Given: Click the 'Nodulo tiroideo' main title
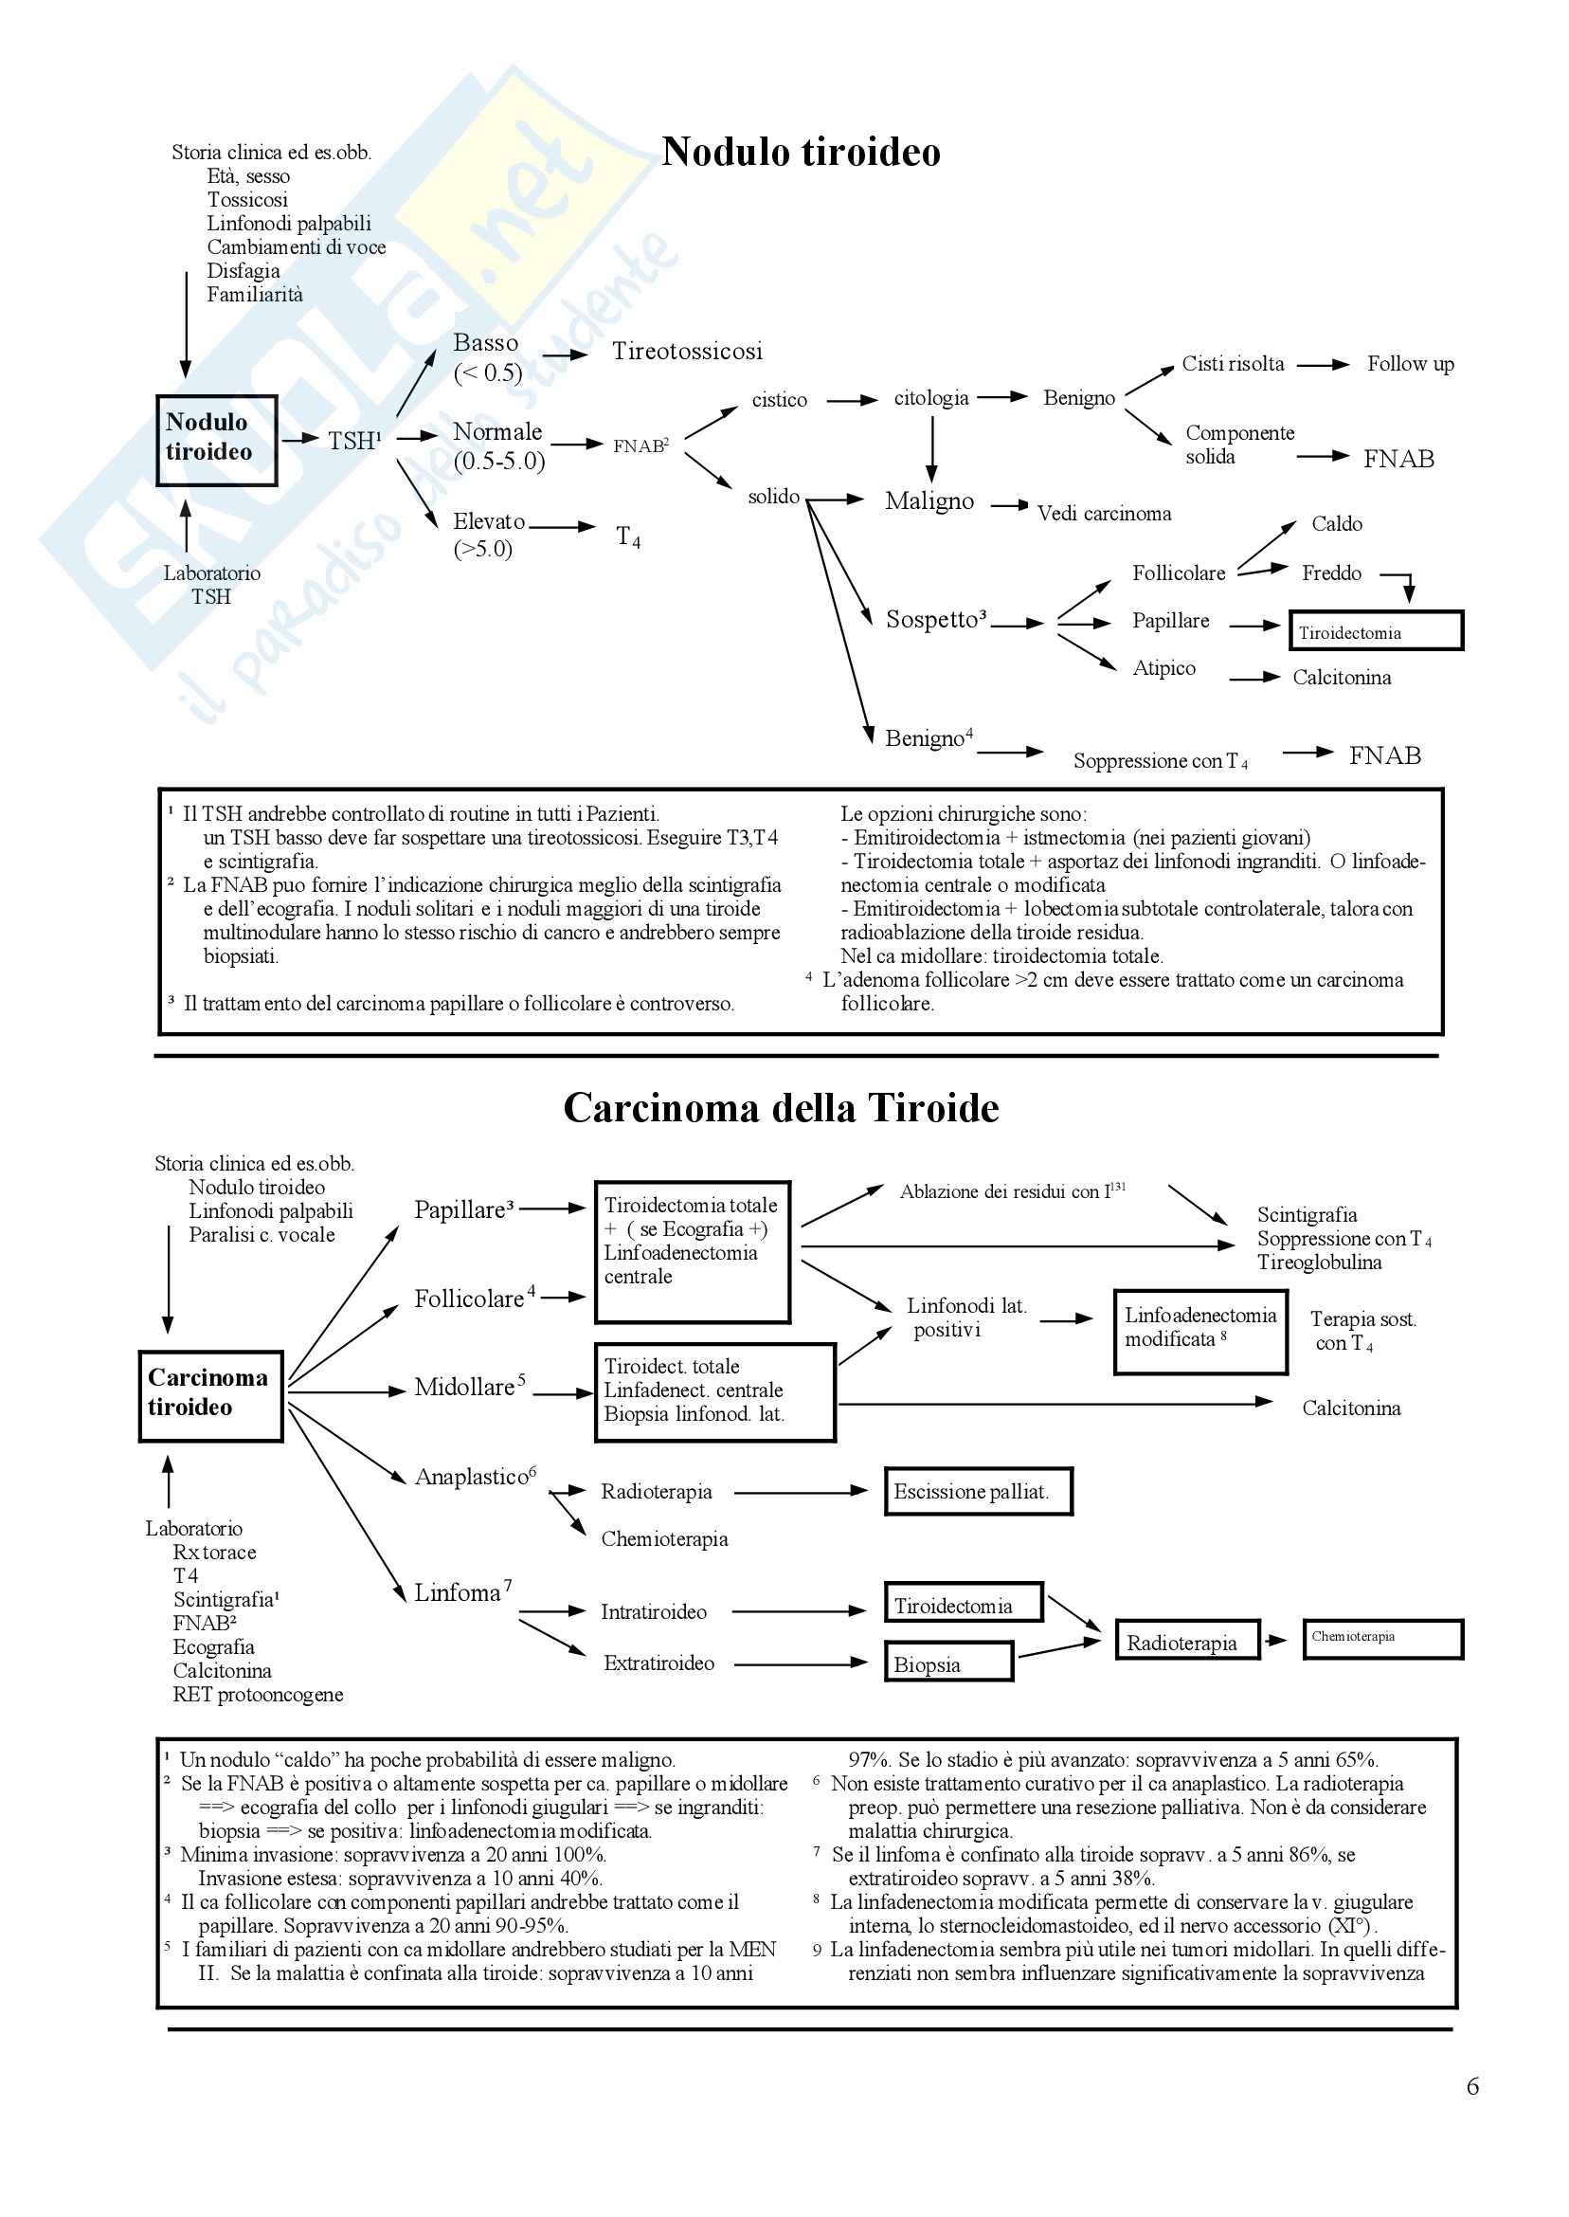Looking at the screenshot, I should pos(801,153).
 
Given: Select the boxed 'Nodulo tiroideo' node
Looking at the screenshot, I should pos(216,440).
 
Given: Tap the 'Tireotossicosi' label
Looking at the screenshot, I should pos(687,351).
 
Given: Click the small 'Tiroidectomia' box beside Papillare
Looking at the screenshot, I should pos(1375,631).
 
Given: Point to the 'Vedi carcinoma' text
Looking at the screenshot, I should pos(1104,513).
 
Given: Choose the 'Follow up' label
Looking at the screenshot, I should pos(1410,364).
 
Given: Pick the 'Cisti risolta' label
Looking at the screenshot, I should pos(1233,364).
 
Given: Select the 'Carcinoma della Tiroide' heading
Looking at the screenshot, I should pos(781,1107).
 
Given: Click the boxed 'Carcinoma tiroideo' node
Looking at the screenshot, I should pos(210,1395).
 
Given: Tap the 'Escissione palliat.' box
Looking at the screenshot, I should pos(978,1491).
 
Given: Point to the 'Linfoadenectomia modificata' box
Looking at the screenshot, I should pos(1199,1331).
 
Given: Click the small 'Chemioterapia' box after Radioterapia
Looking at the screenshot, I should pos(1381,1638).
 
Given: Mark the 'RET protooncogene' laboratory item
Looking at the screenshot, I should pos(258,1694).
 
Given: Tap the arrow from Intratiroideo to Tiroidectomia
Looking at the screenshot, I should pos(799,1611).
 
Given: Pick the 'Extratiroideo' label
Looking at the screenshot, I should pos(658,1663).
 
